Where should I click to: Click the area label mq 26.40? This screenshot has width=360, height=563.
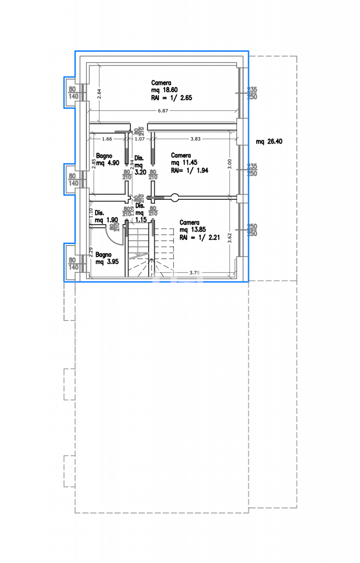coord(269,142)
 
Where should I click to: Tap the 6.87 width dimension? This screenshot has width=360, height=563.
coord(163,111)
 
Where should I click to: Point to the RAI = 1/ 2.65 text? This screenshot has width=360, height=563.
coord(172,98)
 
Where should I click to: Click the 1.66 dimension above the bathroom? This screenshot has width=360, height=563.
coord(107,139)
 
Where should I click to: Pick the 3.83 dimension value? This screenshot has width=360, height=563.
coord(195,139)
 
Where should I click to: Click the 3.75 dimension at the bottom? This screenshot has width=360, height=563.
coord(195,273)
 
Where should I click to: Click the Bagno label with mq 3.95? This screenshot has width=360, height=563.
coord(104,255)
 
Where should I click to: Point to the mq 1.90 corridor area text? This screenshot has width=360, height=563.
coord(106,220)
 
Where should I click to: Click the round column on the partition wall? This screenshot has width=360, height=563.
coord(175,197)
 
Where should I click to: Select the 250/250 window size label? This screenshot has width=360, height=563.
coord(252,230)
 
